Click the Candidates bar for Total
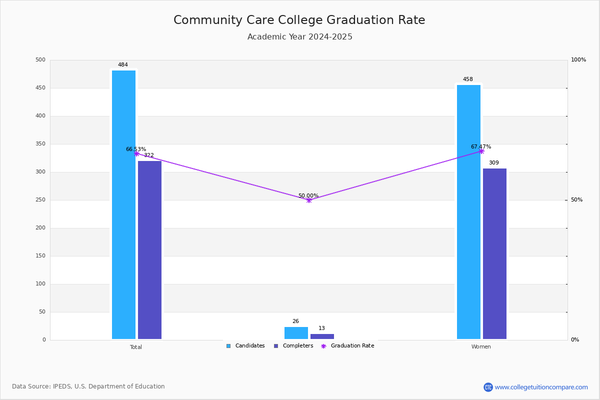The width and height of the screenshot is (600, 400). click(x=124, y=204)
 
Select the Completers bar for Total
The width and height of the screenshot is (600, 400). click(x=149, y=250)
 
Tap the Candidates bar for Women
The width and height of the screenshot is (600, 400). click(x=469, y=212)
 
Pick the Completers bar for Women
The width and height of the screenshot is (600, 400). click(x=494, y=253)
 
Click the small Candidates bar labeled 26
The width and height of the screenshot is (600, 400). click(x=296, y=333)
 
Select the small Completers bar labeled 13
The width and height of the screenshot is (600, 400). click(x=322, y=336)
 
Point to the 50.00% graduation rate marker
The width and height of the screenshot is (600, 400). click(x=309, y=200)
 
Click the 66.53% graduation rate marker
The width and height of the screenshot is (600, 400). click(x=136, y=154)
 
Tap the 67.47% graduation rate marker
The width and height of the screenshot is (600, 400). click(x=481, y=151)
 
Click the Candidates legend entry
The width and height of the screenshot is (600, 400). click(x=245, y=346)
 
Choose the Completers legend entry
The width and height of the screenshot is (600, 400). click(x=293, y=346)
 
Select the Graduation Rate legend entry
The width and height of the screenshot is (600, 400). click(x=347, y=346)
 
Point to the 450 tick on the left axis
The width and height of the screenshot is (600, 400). click(x=40, y=88)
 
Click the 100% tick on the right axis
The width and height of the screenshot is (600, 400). click(x=578, y=59)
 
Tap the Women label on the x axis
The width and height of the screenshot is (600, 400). click(x=481, y=346)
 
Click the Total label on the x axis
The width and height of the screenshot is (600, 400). click(x=136, y=347)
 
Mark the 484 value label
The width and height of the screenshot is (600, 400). click(x=123, y=64)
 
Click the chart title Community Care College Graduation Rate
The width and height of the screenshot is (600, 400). click(x=299, y=20)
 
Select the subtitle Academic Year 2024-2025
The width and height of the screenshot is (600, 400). click(x=299, y=36)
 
